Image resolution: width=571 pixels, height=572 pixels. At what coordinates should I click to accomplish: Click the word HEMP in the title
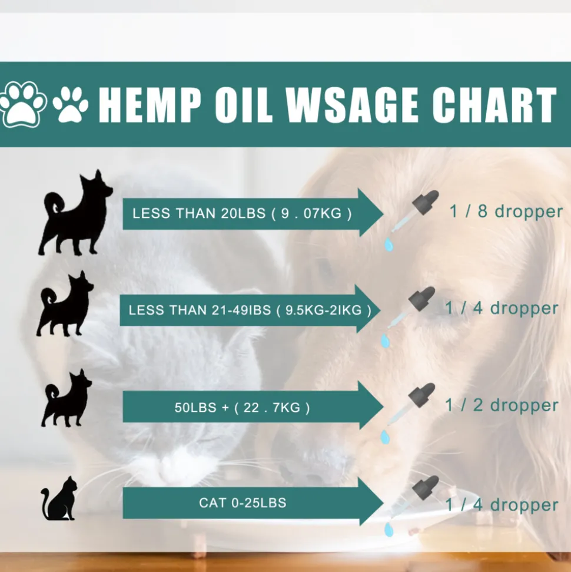point(150,105)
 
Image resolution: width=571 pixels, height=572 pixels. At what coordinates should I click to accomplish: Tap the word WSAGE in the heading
point(352,105)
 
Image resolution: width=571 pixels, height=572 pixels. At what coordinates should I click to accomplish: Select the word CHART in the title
point(494,105)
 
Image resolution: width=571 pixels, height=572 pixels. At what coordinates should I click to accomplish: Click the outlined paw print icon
point(22,104)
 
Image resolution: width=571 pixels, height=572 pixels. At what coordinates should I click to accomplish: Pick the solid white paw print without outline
point(71,104)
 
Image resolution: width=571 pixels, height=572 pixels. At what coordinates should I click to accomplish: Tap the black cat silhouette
point(59,498)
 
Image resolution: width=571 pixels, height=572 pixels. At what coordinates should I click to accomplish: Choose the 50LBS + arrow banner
point(253,406)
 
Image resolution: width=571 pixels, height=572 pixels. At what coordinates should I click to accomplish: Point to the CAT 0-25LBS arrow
point(253,502)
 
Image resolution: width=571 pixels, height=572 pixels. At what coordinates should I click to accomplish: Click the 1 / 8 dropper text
point(506,211)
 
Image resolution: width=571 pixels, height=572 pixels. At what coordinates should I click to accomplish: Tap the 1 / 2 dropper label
point(502,405)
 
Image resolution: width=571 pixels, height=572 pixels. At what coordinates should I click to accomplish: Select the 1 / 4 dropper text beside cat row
point(502,505)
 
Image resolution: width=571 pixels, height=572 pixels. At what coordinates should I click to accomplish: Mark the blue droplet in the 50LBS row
point(385,437)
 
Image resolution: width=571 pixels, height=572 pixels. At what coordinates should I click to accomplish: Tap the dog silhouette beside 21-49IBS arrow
point(65,303)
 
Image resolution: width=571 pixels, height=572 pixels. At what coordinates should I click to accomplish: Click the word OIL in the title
point(244,105)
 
